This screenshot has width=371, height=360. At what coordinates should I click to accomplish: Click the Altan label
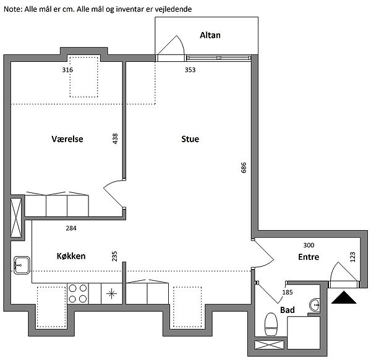click(x=210, y=35)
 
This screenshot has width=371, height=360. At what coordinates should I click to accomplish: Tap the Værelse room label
click(x=67, y=139)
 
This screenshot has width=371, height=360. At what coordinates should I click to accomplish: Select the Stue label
click(x=190, y=139)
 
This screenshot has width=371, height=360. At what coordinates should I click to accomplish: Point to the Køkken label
click(x=71, y=256)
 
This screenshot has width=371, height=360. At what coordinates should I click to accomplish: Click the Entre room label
click(x=309, y=257)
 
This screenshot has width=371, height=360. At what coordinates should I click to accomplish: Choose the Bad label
click(x=288, y=310)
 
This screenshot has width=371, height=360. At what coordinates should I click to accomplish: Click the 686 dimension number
click(x=244, y=168)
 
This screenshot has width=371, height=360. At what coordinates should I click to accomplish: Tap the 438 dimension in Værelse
click(x=115, y=139)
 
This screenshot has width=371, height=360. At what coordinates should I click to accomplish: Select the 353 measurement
click(x=190, y=70)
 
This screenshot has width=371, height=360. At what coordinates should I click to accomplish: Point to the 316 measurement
click(x=67, y=70)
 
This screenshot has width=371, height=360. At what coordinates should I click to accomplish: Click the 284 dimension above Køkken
click(x=71, y=228)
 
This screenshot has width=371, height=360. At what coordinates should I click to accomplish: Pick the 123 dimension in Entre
click(x=352, y=257)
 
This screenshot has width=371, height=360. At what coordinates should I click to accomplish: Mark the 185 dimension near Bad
click(x=288, y=293)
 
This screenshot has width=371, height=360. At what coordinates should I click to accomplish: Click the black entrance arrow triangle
click(x=344, y=298)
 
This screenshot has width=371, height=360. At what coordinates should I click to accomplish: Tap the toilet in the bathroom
click(x=271, y=324)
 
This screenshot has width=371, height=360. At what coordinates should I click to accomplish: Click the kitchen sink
click(x=22, y=265)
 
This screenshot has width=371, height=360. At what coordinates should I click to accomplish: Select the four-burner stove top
click(x=78, y=293)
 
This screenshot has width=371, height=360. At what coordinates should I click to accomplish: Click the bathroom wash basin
click(x=315, y=306)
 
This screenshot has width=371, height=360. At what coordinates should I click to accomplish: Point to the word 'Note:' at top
click(x=13, y=9)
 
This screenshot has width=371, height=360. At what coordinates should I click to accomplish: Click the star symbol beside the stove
click(x=112, y=294)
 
